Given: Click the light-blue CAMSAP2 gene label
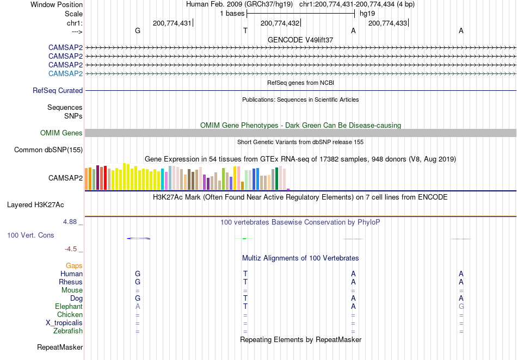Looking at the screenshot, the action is tap(65, 73).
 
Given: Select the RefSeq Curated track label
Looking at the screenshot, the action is tap(58, 90).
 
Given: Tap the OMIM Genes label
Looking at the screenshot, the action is tap(61, 133).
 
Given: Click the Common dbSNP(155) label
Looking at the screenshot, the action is tap(48, 150).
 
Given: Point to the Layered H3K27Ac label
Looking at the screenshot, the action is tap(35, 205).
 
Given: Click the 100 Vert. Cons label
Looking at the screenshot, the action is tap(30, 235).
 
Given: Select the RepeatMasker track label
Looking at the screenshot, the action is tap(60, 347).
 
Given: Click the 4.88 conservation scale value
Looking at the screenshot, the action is tap(70, 222).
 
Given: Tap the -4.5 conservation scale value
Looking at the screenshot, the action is tap(71, 249).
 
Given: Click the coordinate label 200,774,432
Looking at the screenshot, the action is tap(280, 23).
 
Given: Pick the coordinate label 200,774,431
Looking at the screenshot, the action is tap(172, 23).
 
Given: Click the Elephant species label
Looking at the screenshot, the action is tap(69, 306).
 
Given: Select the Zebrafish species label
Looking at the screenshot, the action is tap(68, 331).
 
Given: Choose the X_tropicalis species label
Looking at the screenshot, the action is tap(64, 323).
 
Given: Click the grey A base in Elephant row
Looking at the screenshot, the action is tap(138, 306).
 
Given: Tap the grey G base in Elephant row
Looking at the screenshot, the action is tap(461, 306).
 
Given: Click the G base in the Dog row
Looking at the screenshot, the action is tap(138, 298).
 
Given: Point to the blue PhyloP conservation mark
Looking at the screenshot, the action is tap(138, 239).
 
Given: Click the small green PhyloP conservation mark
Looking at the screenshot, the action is tap(244, 239).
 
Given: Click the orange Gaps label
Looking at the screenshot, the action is tap(74, 265).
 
